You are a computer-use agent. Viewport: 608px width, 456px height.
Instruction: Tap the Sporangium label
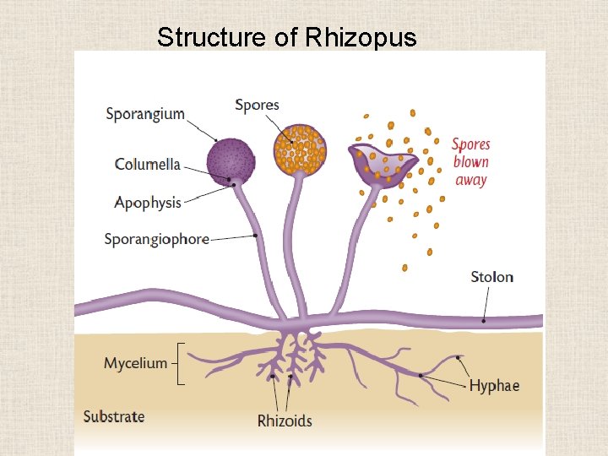(145, 113)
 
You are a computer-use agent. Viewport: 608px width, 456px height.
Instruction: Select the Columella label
(148, 164)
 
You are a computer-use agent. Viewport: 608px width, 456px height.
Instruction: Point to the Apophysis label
(148, 203)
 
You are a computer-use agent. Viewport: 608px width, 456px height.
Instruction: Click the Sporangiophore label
(156, 239)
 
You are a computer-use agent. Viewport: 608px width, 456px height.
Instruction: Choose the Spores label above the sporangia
(257, 105)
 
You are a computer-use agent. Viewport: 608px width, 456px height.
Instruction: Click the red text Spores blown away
(470, 161)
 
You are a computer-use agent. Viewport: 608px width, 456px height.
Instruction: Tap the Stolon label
(491, 277)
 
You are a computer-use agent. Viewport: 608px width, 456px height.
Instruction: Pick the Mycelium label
(135, 363)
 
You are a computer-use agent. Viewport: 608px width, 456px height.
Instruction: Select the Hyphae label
(494, 386)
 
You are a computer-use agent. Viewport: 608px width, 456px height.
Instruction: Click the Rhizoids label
(285, 420)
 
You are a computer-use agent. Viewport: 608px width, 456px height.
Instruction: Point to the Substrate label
(114, 416)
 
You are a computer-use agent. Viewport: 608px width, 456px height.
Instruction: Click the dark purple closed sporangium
(231, 160)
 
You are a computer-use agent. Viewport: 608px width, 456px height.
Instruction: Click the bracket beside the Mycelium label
(180, 364)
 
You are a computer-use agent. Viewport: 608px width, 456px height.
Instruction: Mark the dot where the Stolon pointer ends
(484, 320)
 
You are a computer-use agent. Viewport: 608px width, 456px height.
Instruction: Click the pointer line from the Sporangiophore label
(232, 238)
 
